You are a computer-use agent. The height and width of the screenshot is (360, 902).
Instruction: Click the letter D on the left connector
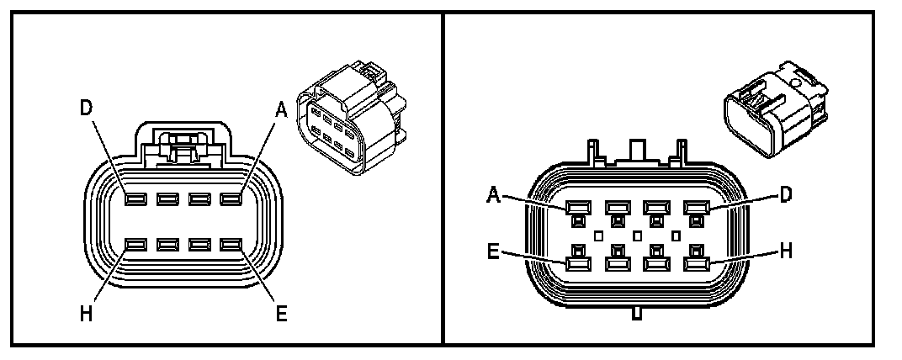click(x=86, y=109)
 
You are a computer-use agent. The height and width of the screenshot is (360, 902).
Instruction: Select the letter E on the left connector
click(x=281, y=313)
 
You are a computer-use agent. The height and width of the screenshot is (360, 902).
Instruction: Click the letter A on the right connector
click(x=495, y=195)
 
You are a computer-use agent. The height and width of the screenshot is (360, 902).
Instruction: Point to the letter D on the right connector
click(x=784, y=194)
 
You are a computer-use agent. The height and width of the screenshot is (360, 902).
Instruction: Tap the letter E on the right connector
click(x=496, y=250)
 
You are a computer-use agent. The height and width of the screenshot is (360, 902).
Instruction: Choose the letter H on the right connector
click(x=786, y=250)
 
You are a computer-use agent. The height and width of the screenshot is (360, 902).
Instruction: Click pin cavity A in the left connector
click(x=231, y=199)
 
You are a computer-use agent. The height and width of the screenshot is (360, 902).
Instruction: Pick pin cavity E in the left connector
click(x=231, y=245)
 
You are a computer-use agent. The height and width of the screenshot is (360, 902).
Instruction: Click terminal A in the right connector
click(x=577, y=207)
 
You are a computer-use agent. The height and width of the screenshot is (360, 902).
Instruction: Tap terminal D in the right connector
click(x=695, y=207)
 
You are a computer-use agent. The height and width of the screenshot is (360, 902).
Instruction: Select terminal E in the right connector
click(x=577, y=262)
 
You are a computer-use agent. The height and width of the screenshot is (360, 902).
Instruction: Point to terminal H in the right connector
click(x=695, y=262)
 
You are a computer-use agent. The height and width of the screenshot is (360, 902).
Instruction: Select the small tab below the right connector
click(x=637, y=315)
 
